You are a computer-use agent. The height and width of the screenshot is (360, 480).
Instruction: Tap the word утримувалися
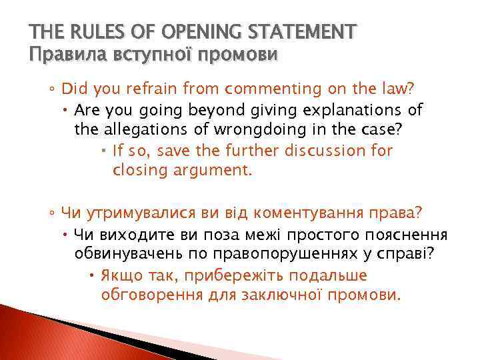coord(149,213)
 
